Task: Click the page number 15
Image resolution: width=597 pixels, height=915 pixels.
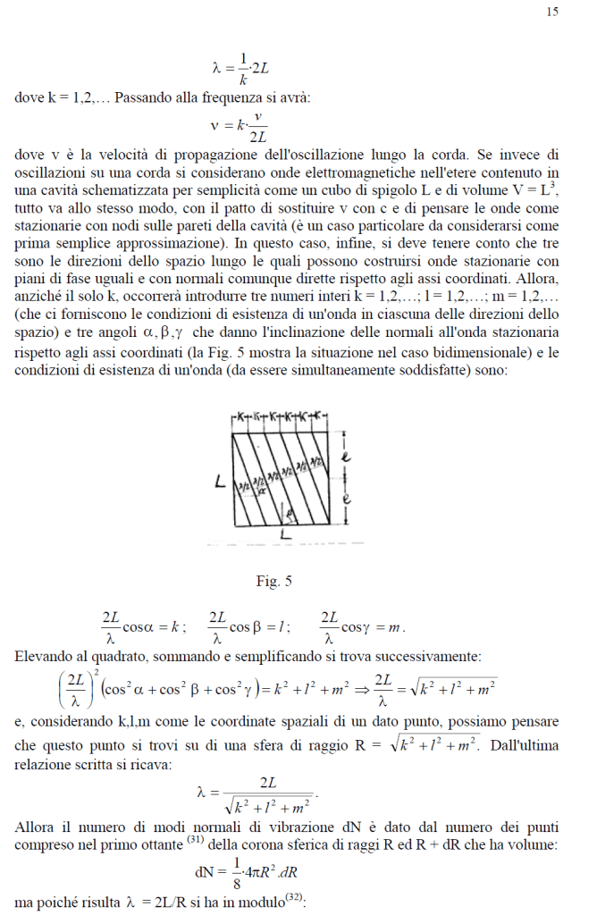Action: (551, 12)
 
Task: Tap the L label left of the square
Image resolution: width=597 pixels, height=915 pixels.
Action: (220, 483)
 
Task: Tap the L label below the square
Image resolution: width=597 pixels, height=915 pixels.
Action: (283, 534)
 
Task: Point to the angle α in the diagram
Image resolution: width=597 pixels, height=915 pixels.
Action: (261, 491)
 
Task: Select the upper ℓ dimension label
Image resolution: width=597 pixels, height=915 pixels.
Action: (346, 457)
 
